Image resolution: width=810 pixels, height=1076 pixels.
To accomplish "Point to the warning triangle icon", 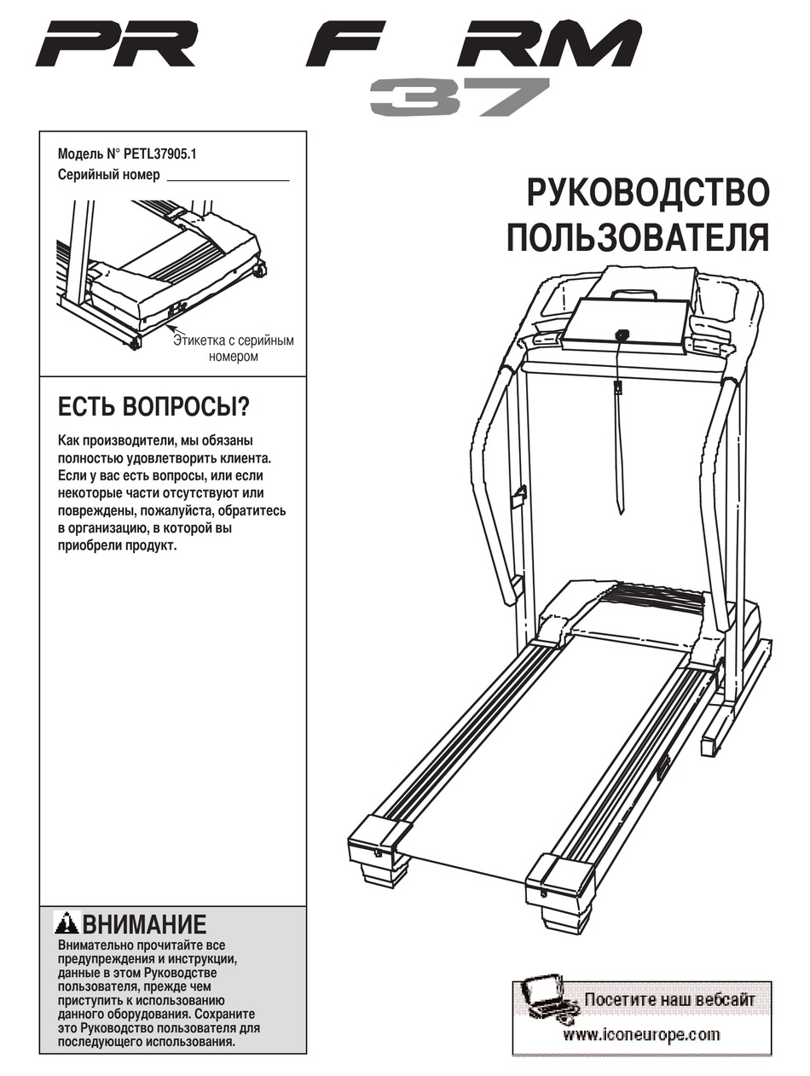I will pos(67,923).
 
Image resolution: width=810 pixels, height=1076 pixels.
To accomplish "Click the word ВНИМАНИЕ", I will pos(144,924).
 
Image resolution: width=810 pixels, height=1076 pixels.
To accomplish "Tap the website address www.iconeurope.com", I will pos(641,1035).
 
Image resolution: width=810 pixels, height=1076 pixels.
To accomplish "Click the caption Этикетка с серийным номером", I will pos(233,348).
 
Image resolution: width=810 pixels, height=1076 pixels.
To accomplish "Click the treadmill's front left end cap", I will pos(379,840).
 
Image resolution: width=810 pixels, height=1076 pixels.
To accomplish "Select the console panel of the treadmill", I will pos(624,322).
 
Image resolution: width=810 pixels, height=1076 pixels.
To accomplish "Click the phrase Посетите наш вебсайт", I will pos(669,999).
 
